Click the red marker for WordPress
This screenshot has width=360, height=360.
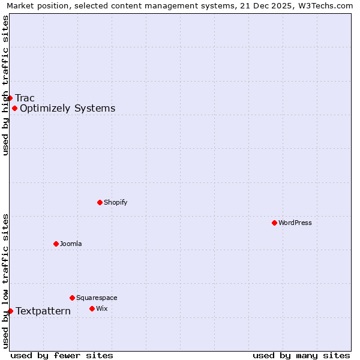tap(274, 223)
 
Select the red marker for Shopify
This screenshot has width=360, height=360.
tap(100, 202)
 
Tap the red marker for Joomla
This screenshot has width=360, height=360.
tap(56, 244)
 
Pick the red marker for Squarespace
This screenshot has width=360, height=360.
tap(72, 298)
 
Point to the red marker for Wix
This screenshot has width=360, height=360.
tap(92, 308)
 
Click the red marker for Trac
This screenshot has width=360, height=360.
tap(10, 98)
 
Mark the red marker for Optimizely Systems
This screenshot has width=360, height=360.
tap(14, 109)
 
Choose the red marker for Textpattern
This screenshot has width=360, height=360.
tap(10, 311)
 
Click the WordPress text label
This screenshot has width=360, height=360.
tap(295, 223)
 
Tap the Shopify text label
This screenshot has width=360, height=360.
tap(115, 202)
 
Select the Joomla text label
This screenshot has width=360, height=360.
tap(71, 244)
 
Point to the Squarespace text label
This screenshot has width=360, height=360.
tap(97, 298)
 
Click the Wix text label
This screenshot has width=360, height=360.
tap(101, 308)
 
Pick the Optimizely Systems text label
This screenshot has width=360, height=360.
tap(67, 109)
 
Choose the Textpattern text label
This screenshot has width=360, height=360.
tap(43, 311)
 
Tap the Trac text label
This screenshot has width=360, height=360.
tap(25, 98)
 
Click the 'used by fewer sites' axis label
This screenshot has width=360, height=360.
tap(62, 355)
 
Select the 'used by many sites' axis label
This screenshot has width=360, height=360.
tap(301, 355)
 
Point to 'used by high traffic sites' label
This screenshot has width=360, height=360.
tap(5, 85)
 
